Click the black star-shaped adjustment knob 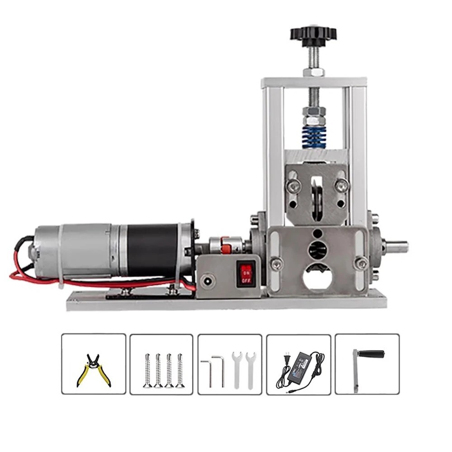313,33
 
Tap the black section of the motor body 152,250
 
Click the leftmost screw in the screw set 147,370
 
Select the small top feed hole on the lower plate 317,233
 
